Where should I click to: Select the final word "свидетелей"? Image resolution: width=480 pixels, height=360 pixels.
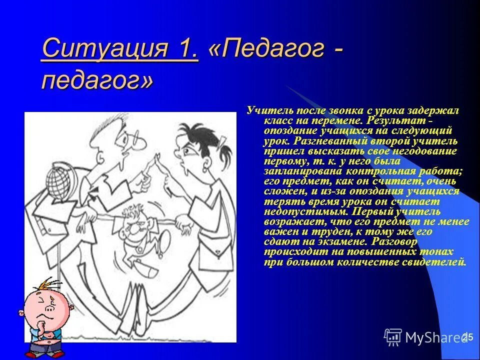pos(437,262)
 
